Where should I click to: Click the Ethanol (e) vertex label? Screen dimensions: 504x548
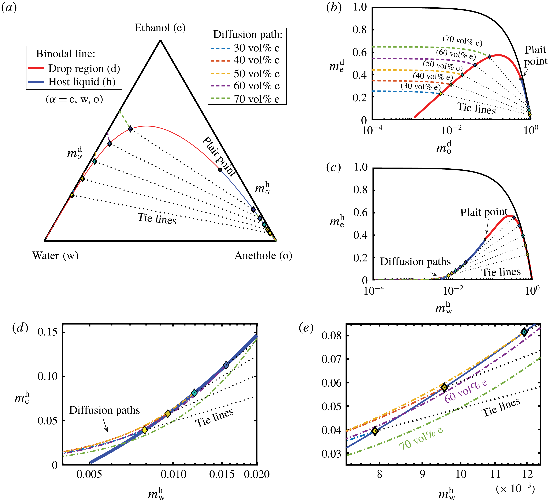tap(160, 28)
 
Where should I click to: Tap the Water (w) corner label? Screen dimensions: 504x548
tap(55, 256)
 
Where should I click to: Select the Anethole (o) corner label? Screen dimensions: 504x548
tap(263, 256)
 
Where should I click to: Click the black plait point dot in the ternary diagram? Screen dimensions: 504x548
tap(220, 170)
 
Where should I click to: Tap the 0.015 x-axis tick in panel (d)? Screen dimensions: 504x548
tap(222, 474)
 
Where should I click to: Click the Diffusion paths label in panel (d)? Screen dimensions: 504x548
tap(104, 410)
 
